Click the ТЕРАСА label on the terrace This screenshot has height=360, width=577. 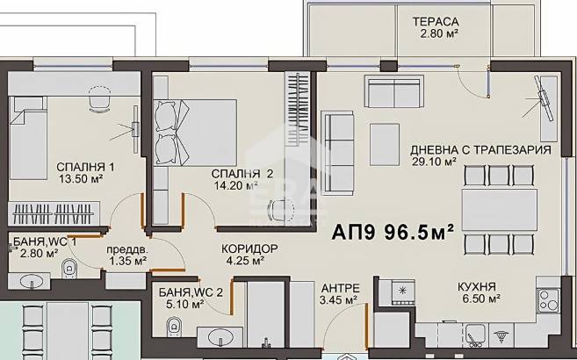(x=436, y=22)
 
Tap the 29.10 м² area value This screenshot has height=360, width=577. (x=434, y=162)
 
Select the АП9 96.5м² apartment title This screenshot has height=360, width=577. (x=393, y=232)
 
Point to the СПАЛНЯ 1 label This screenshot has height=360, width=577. (x=85, y=167)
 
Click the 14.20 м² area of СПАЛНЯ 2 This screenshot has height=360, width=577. (x=235, y=185)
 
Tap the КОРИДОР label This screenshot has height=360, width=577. (x=249, y=249)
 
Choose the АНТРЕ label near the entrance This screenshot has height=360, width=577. (x=341, y=288)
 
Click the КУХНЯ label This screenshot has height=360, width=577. (x=477, y=286)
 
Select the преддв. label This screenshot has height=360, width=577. (x=127, y=249)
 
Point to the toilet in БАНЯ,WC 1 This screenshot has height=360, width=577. (x=69, y=268)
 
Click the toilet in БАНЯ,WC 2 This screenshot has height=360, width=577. (x=173, y=327)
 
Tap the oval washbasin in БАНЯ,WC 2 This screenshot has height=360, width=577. (x=220, y=336)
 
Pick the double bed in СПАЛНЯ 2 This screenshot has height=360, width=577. (x=194, y=133)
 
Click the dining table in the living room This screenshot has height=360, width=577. (x=499, y=210)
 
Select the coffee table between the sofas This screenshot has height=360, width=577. (x=385, y=145)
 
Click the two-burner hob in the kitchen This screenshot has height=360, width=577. (x=548, y=300)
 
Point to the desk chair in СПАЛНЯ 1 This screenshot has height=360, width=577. (x=99, y=98)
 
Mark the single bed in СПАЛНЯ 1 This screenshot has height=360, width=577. (x=28, y=138)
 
